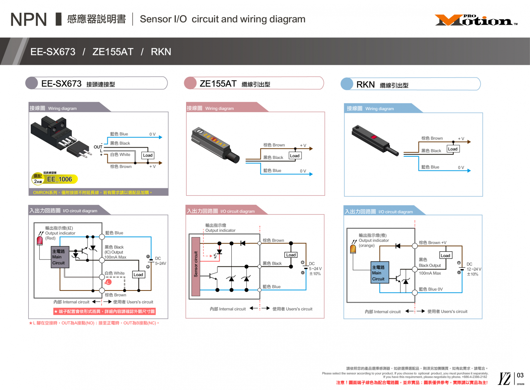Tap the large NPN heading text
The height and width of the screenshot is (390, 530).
click(29, 19)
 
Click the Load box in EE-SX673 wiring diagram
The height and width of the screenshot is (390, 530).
click(148, 155)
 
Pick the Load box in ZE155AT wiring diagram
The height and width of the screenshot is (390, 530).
click(295, 156)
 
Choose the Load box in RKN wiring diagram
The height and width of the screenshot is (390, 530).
click(453, 149)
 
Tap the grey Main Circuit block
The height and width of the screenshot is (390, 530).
click(60, 257)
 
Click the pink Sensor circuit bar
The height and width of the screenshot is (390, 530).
click(196, 266)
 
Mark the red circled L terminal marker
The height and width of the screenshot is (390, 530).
click(108, 282)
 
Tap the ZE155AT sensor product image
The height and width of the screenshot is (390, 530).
click(215, 145)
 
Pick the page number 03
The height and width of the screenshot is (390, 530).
click(520, 375)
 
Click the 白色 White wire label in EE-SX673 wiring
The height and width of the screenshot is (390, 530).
click(120, 154)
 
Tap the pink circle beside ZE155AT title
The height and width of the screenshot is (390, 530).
click(190, 83)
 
